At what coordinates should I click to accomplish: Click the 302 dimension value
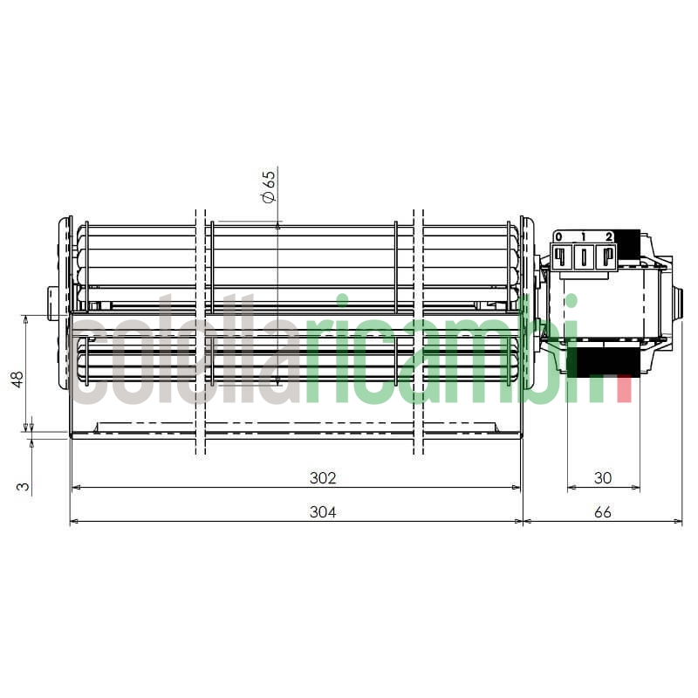coord(323,478)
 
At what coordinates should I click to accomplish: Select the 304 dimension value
coord(323,512)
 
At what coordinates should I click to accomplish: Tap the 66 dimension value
coord(603,512)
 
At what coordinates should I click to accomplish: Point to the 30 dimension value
coord(603,478)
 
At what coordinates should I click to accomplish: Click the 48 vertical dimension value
coord(17,380)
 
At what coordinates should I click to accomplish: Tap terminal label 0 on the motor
coord(559,236)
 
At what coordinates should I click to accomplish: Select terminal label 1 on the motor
coord(583,236)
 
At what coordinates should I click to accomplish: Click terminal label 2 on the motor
coord(608,236)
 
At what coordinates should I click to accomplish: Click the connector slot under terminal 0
coord(561,256)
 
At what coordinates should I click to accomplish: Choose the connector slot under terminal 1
coord(584,256)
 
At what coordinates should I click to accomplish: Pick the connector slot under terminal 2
coord(606,256)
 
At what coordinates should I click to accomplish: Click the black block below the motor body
coord(603,360)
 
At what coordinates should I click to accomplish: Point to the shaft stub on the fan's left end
coord(55,303)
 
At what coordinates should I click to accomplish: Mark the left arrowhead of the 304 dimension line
coord(73,522)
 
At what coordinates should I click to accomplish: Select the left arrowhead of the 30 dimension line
coord(571,488)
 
